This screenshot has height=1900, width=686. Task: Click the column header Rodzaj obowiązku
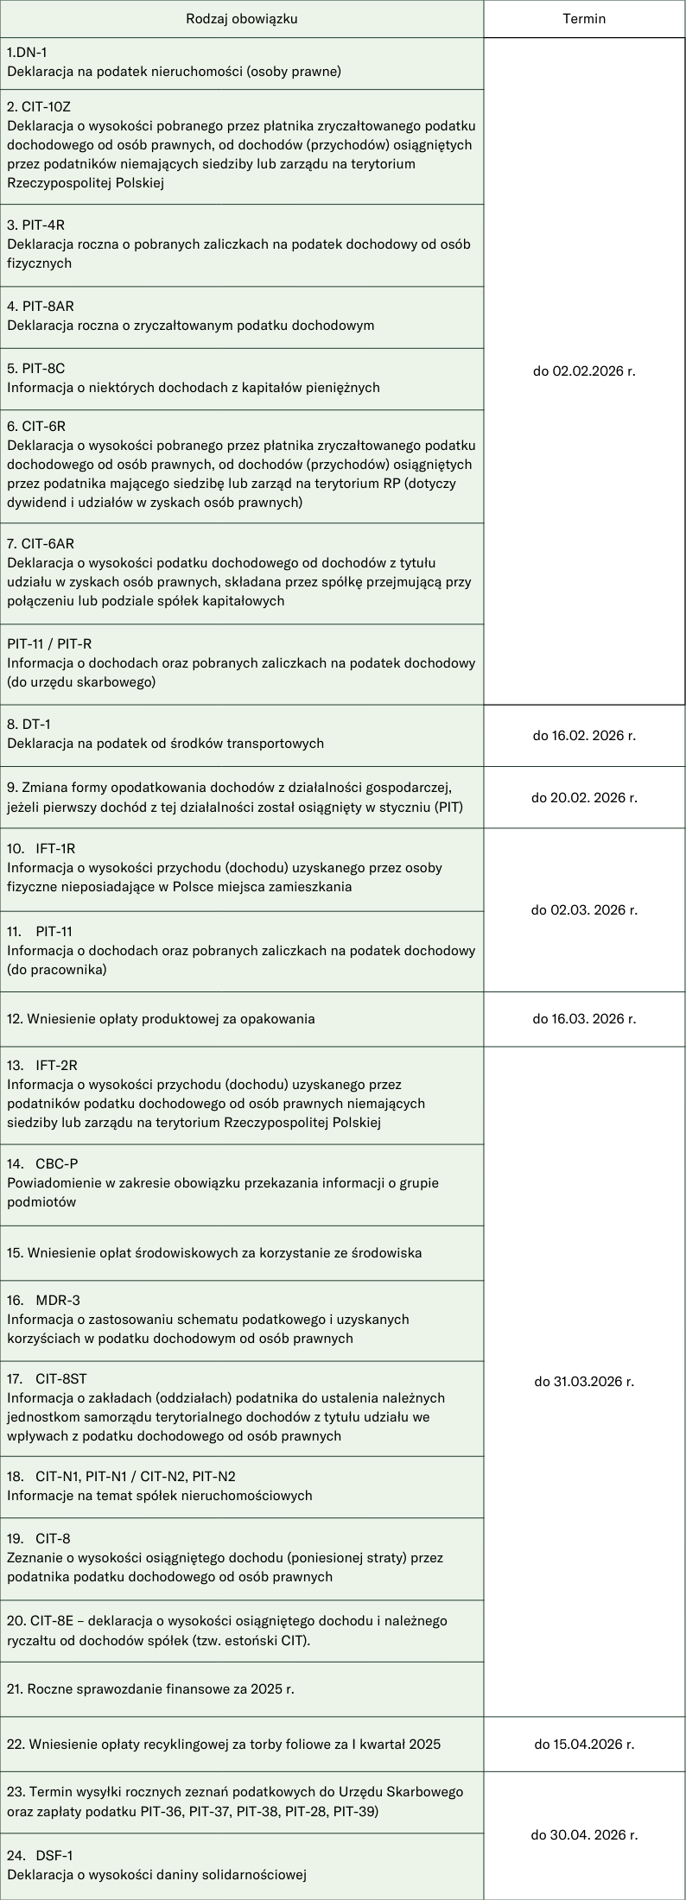coord(241,19)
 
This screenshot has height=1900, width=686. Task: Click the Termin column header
coord(584,19)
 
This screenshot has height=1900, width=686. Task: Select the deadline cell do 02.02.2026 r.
coord(584,371)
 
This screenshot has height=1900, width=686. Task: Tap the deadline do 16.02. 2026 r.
coord(584,736)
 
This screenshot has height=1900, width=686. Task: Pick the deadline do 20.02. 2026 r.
coord(584,797)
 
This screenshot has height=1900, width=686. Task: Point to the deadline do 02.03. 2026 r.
coord(584,909)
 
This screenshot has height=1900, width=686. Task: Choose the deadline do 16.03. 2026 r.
coord(584,1018)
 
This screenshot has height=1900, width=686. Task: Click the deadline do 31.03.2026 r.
coord(584,1381)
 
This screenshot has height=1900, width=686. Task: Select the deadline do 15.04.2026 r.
coord(584,1744)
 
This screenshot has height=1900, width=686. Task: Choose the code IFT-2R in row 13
coord(56,1065)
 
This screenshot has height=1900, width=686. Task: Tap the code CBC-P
coord(57,1163)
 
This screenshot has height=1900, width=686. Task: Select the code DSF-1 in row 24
coord(56,1854)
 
